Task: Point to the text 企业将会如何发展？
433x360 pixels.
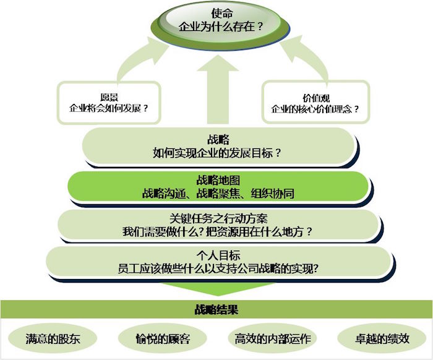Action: pos(109,108)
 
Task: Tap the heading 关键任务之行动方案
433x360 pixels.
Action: pos(218,219)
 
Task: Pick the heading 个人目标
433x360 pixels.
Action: pos(218,255)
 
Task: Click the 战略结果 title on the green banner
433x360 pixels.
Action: pos(216,309)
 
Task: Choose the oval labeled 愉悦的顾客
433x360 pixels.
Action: pos(163,339)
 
